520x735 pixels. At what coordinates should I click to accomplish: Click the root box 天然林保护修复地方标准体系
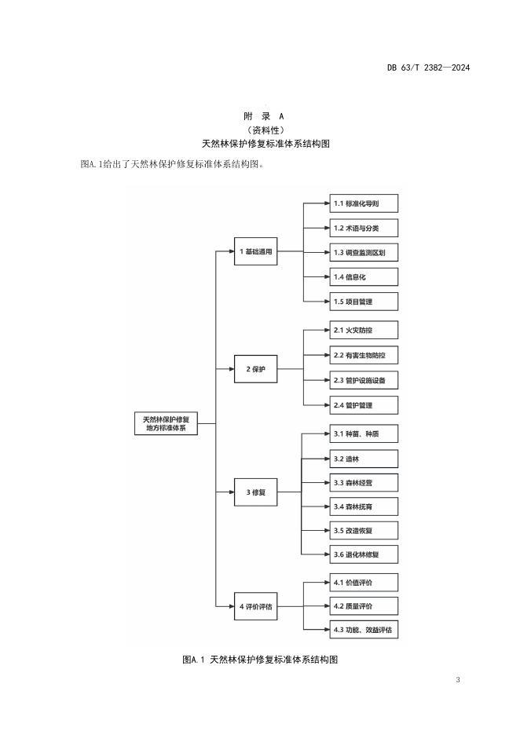166,423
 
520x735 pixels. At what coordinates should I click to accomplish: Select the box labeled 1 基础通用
256,252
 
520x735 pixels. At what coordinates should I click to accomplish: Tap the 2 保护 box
256,368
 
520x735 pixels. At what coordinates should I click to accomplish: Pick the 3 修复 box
256,492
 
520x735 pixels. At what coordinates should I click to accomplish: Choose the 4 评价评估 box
256,605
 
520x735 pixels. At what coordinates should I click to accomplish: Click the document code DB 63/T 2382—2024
428,68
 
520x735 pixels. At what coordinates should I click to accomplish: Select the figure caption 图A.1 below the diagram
259,660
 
